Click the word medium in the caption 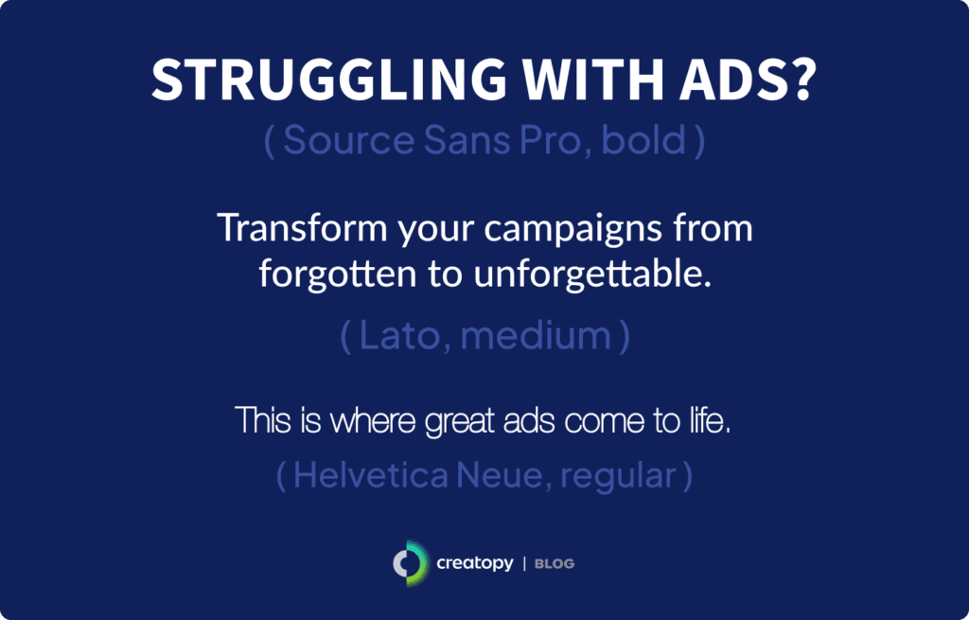point(535,338)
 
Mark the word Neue point(502,474)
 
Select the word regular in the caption point(618,476)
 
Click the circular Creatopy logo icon point(410,563)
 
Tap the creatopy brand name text point(475,564)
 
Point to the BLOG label point(555,564)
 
